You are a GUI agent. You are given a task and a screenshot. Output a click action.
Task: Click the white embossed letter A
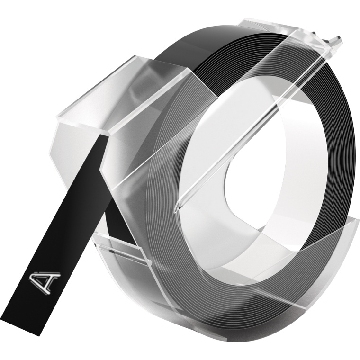point(45,282)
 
